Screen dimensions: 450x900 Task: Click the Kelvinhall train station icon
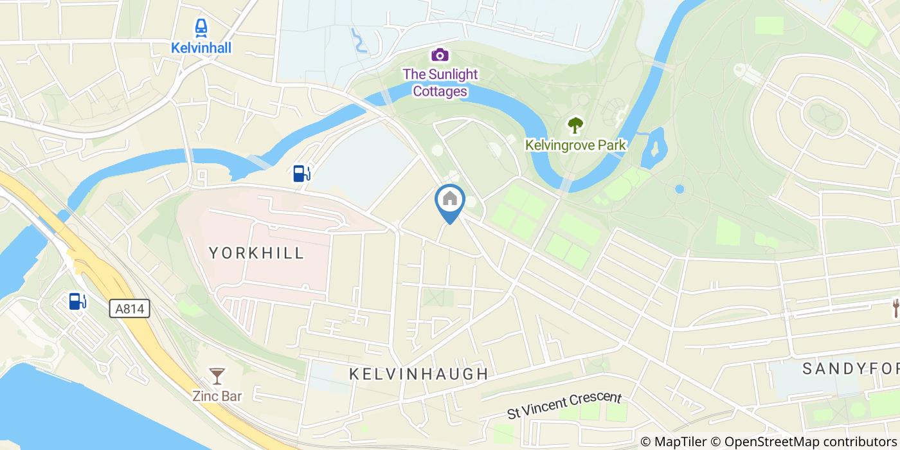click(201, 28)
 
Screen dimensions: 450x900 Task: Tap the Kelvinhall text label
click(201, 48)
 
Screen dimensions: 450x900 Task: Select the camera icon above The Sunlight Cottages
click(440, 55)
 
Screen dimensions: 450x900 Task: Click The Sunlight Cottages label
click(440, 83)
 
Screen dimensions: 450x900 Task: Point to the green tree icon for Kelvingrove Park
click(575, 124)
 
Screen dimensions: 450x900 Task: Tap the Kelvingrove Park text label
click(575, 145)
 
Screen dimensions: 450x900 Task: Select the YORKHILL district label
click(256, 253)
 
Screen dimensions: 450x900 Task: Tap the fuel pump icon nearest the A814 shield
click(77, 301)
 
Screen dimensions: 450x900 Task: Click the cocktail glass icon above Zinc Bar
click(217, 375)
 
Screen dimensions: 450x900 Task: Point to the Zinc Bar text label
click(217, 395)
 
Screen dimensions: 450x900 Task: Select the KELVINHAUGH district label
click(419, 373)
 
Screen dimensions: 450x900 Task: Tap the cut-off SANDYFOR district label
click(850, 368)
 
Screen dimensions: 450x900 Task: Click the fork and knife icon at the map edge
click(895, 307)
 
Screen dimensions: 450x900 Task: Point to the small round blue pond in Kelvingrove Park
click(679, 189)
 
